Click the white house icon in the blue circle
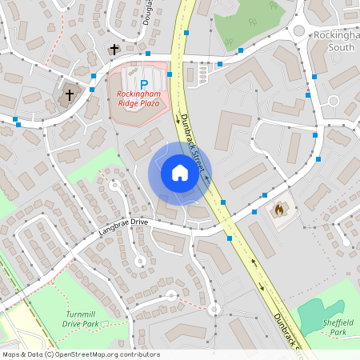tap(179, 173)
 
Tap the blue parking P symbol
tap(144, 83)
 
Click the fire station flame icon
tap(278, 210)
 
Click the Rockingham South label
tap(335, 41)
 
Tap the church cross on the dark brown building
tap(69, 94)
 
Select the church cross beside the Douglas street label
tap(114, 50)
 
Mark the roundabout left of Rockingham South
tap(299, 31)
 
